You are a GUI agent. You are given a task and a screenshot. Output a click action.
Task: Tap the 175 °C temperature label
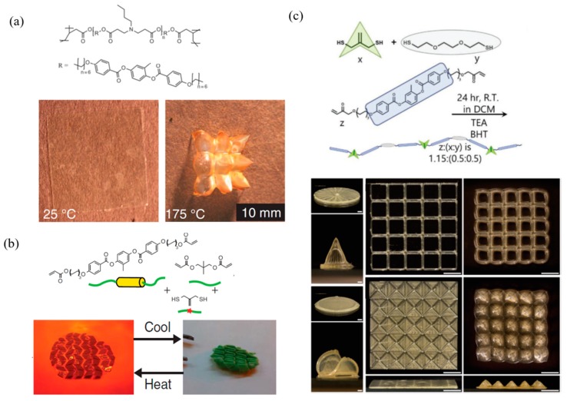pos(192,209)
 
